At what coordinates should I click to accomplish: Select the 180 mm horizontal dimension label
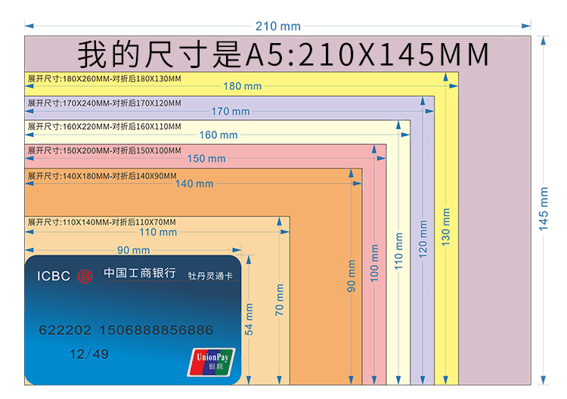[x=242, y=86]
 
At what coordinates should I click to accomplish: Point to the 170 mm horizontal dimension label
[x=230, y=111]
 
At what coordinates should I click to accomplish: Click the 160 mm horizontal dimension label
[x=218, y=135]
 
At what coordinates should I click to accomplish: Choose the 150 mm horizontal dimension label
[x=206, y=159]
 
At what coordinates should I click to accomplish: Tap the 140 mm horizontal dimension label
[x=194, y=184]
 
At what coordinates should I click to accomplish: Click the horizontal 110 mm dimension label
[x=158, y=232]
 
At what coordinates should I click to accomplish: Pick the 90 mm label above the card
[x=133, y=250]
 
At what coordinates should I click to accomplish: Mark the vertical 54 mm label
[x=249, y=319]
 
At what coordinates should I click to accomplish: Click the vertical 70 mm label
[x=280, y=300]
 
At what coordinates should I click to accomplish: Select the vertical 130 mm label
[x=446, y=227]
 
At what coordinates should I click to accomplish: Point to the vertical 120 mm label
[x=423, y=239]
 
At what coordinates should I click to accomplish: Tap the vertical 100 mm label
[x=374, y=263]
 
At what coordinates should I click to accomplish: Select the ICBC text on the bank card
[x=53, y=276]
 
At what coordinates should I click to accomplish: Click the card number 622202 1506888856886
[x=125, y=330]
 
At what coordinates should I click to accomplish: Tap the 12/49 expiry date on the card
[x=89, y=354]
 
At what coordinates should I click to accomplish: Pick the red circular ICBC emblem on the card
[x=85, y=275]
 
